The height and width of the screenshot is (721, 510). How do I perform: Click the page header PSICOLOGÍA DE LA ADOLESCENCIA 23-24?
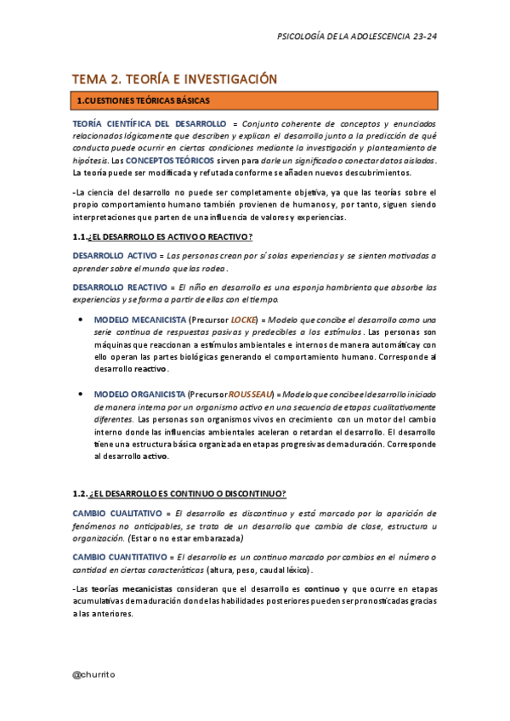click(358, 37)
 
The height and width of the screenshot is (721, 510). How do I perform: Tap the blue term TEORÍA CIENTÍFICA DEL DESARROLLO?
click(149, 123)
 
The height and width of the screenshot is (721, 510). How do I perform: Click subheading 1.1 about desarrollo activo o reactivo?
click(162, 236)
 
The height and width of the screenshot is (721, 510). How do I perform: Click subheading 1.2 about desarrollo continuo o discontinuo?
click(178, 494)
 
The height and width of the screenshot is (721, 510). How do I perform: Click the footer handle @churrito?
click(94, 673)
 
